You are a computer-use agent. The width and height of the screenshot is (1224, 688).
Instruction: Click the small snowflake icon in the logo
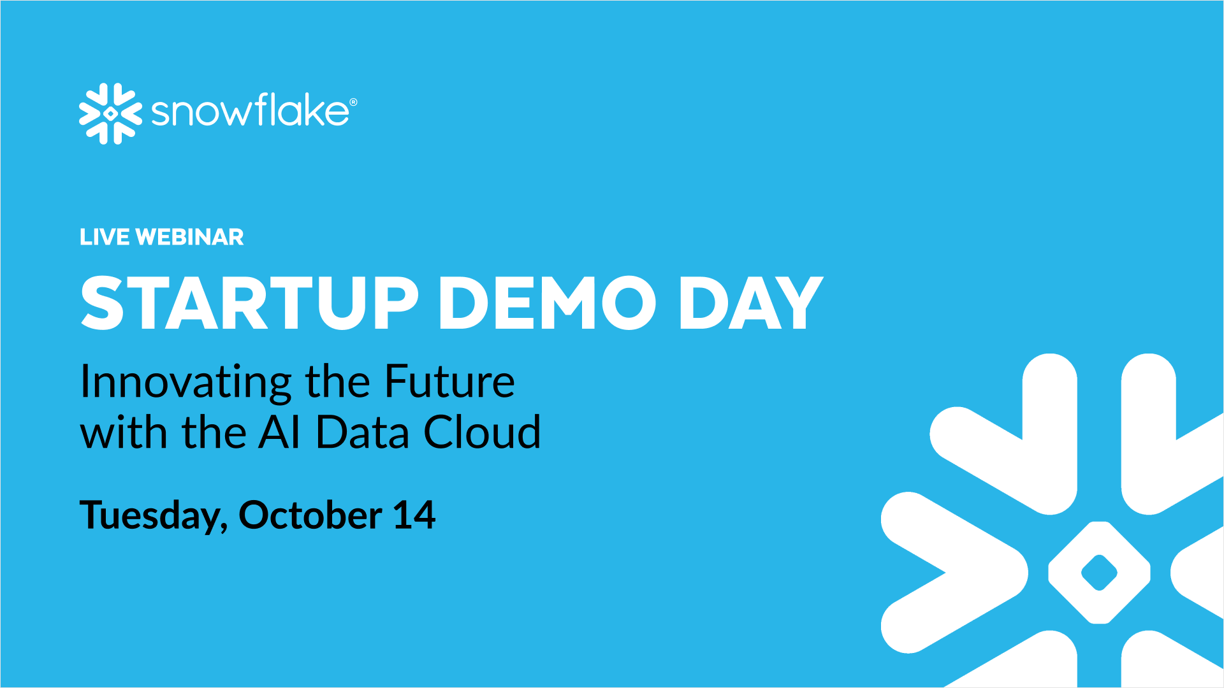click(110, 113)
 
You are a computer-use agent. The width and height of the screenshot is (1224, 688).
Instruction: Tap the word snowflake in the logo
click(250, 111)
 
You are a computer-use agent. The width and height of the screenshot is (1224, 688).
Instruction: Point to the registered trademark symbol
click(353, 102)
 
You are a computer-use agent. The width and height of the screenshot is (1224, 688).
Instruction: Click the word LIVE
click(105, 237)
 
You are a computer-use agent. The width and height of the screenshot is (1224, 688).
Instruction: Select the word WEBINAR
click(190, 237)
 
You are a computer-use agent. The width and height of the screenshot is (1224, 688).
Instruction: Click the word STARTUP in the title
click(249, 303)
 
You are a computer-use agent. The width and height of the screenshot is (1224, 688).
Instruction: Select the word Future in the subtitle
click(449, 382)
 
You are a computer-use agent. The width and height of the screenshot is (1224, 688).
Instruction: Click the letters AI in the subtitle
click(279, 433)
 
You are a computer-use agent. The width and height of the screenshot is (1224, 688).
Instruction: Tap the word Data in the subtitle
click(362, 433)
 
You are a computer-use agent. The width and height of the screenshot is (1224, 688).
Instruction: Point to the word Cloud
click(483, 433)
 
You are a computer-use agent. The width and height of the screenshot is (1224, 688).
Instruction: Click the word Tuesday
click(150, 516)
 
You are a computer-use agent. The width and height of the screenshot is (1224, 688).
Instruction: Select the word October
click(310, 515)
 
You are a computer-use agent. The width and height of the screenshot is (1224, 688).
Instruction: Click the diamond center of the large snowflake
click(1099, 573)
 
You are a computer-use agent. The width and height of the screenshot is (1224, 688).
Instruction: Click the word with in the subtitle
click(124, 433)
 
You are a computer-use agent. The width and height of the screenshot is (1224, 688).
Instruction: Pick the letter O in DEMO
click(629, 303)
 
